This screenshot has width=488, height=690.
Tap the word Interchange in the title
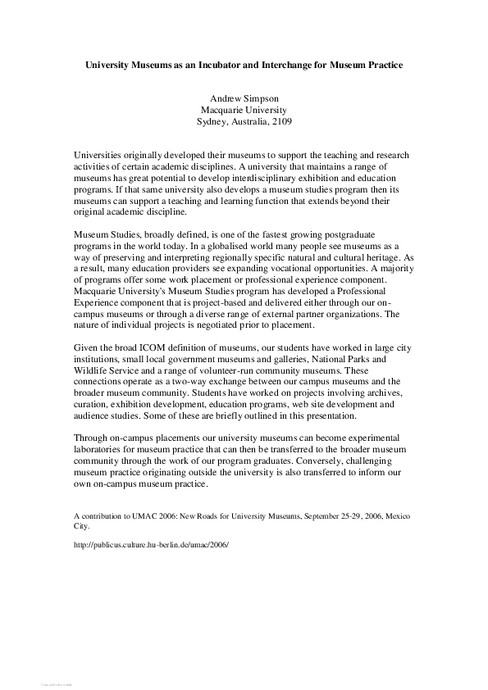coord(291,64)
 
